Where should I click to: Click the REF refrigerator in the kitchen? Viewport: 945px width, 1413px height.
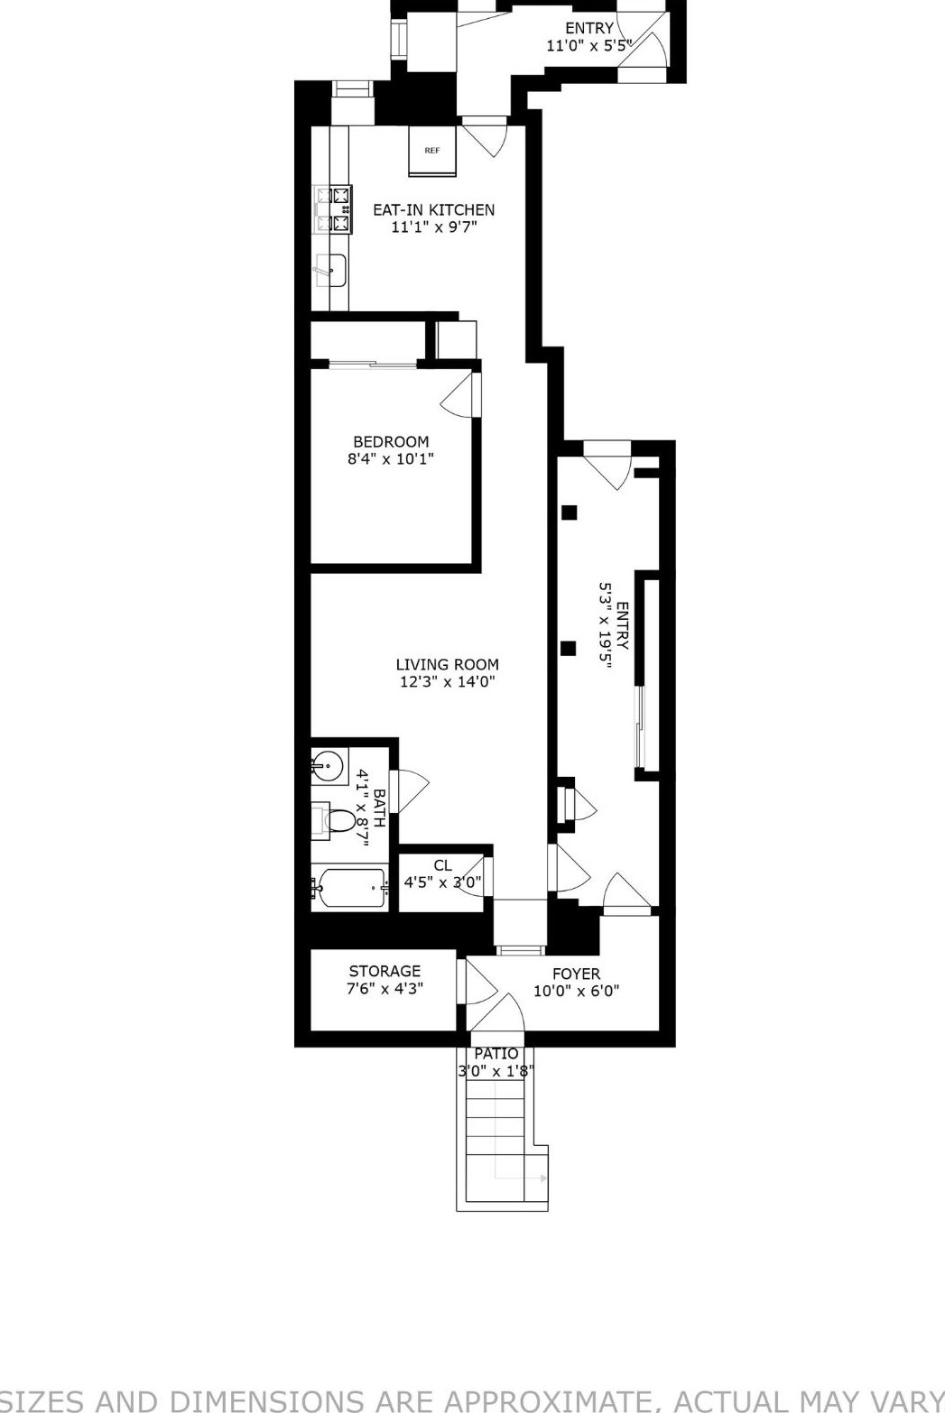pos(432,151)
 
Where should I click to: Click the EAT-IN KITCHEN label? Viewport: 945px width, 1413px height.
pos(433,209)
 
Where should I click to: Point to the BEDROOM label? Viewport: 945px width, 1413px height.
pos(391,441)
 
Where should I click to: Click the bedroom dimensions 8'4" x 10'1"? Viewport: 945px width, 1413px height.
pos(391,459)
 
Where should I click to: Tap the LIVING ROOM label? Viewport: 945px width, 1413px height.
pos(447,665)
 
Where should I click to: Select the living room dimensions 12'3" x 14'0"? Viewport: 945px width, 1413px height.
pos(447,682)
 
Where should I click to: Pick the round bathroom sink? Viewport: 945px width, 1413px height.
pos(328,767)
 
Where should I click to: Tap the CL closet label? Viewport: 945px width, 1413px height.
pos(442,865)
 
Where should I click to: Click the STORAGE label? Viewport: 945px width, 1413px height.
pos(384,971)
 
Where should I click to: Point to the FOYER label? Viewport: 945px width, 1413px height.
pos(576,974)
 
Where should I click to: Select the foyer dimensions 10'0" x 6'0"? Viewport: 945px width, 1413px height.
pos(576,991)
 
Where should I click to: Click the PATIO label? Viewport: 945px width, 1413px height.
pos(496,1054)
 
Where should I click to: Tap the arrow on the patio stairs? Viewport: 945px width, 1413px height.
pos(542,1178)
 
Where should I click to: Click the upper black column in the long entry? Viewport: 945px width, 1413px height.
pos(570,513)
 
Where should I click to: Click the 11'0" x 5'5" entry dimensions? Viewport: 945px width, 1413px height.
pos(588,45)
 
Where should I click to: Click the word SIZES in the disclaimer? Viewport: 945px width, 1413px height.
pos(54,1399)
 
